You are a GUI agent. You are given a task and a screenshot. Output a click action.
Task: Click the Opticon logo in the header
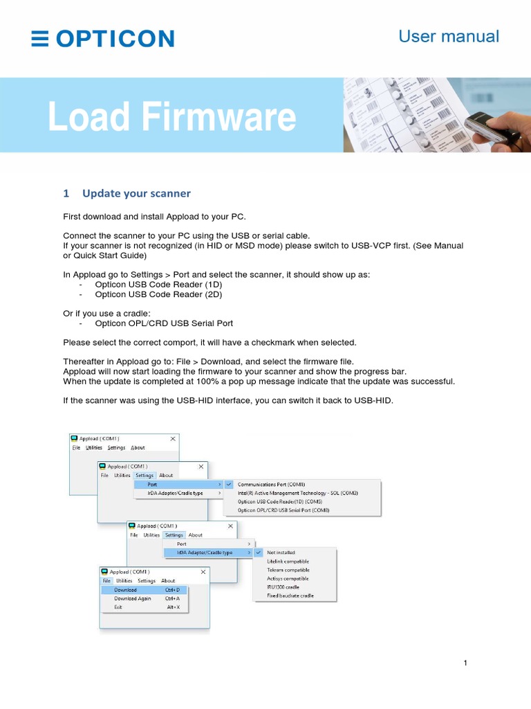(x=103, y=39)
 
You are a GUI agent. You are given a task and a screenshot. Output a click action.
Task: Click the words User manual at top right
(x=449, y=37)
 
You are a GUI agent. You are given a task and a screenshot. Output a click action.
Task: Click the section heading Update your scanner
(x=136, y=193)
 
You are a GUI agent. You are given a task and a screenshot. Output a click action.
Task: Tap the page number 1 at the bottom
(x=466, y=663)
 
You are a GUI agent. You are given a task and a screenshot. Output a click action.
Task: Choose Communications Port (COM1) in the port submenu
(x=271, y=485)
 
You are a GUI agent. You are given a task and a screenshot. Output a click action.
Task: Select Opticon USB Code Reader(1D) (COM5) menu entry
(x=280, y=501)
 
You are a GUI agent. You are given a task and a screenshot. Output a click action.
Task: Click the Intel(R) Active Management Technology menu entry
(x=298, y=493)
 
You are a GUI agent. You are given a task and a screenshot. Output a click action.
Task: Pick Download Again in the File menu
(x=132, y=598)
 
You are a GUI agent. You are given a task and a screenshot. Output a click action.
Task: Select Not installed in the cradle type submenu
(x=281, y=553)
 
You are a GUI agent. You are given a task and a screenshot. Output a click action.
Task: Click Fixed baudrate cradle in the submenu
(x=290, y=595)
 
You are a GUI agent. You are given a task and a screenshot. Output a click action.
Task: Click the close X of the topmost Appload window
(x=173, y=438)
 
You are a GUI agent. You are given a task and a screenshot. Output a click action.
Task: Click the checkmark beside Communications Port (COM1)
(x=229, y=485)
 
